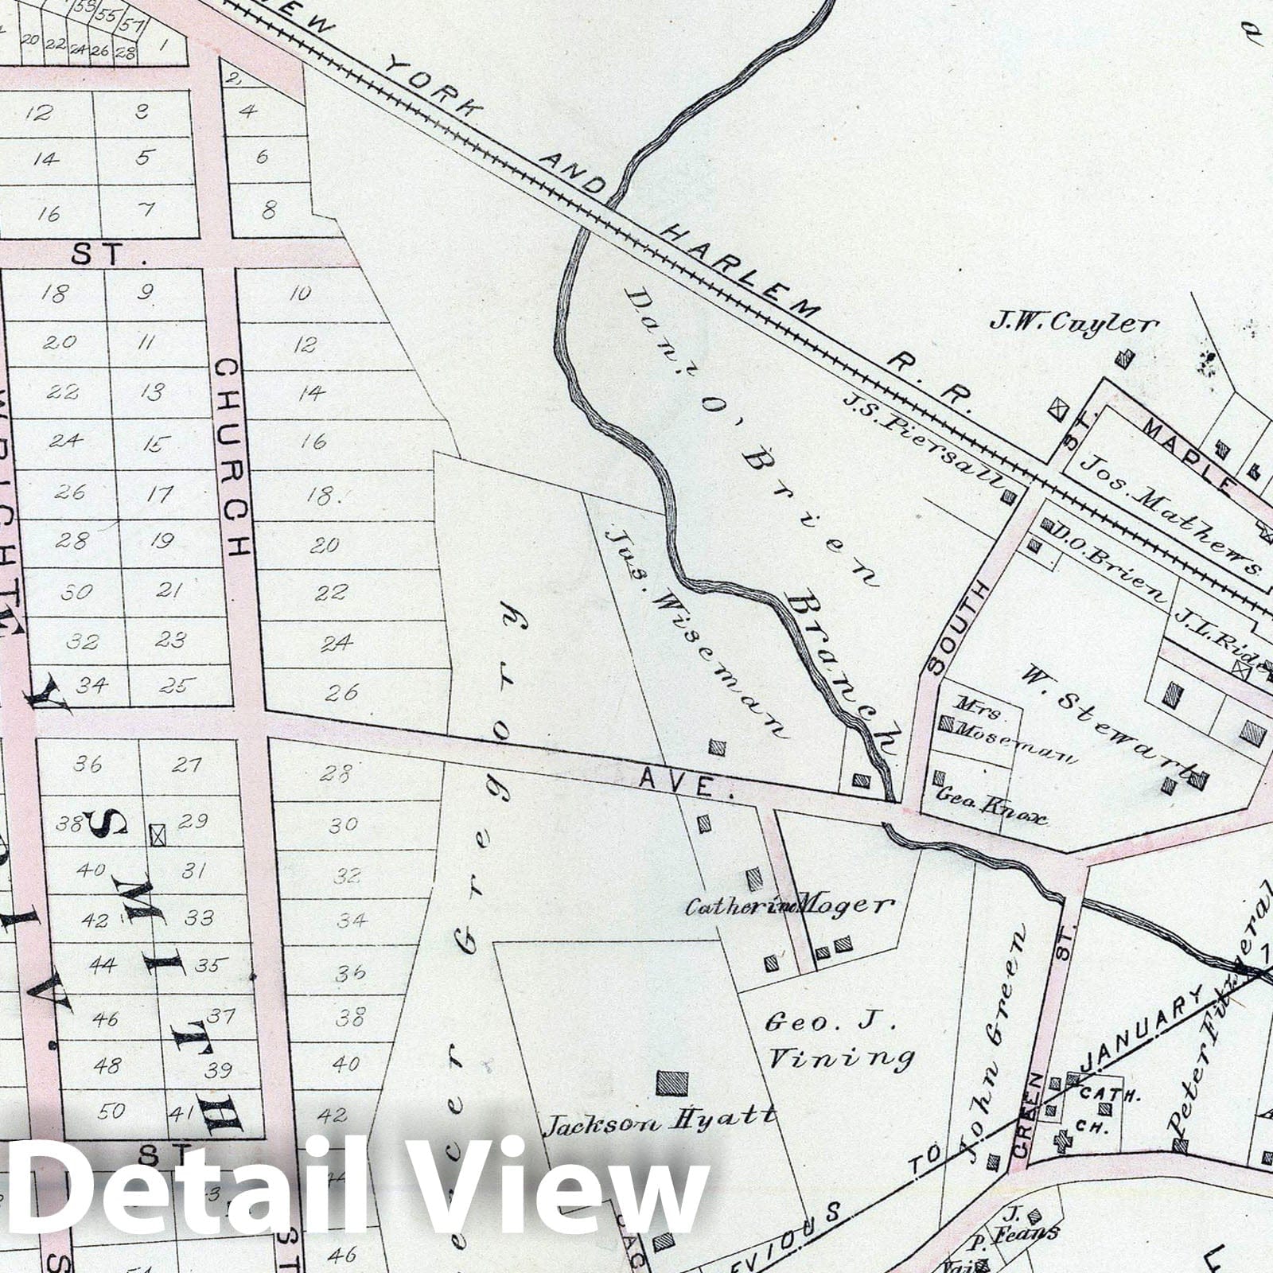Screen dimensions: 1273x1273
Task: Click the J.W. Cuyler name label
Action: (x=1073, y=323)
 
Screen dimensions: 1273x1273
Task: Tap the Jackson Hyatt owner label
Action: (x=660, y=1119)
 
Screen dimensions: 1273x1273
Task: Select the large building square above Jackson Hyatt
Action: (x=672, y=1083)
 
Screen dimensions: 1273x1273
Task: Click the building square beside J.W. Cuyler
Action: (x=1123, y=359)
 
